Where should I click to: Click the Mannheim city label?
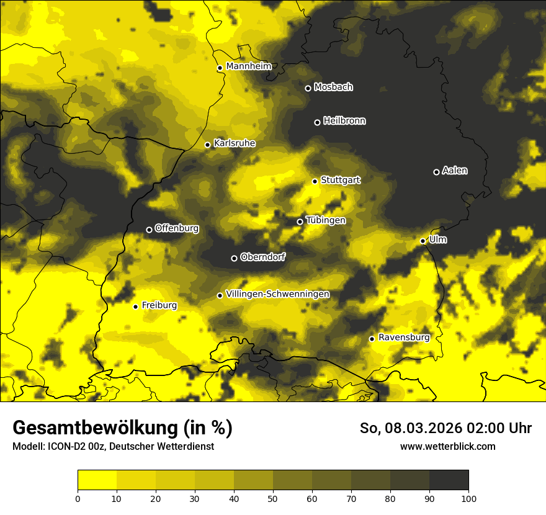coord(249,66)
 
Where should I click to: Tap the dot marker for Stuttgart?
coord(315,181)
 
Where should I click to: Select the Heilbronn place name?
coord(344,121)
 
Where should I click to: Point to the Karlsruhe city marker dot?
coord(208,145)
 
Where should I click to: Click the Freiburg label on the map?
coord(159,305)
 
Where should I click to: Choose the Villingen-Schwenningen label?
coord(277,294)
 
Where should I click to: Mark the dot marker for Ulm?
coord(423,241)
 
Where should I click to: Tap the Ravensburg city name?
coord(403,338)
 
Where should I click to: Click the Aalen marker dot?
coord(436,172)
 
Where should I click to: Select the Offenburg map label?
coord(177,228)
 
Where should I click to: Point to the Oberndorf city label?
coord(262,257)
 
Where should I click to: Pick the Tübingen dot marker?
coord(300,222)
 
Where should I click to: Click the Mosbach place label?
coord(333,87)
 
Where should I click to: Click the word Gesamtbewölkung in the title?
coord(95,428)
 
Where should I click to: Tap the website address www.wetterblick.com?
coord(447,447)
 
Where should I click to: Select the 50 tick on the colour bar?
coord(273,498)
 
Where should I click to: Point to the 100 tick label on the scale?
coord(468,498)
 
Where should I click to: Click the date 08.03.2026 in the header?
coord(428,428)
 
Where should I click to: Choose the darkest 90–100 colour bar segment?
coord(449,480)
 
